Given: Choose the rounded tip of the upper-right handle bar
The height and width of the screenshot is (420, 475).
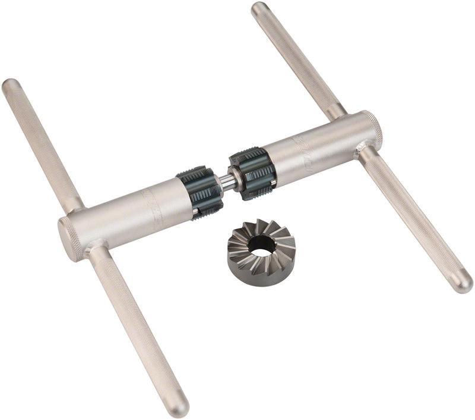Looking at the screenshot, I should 260,9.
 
